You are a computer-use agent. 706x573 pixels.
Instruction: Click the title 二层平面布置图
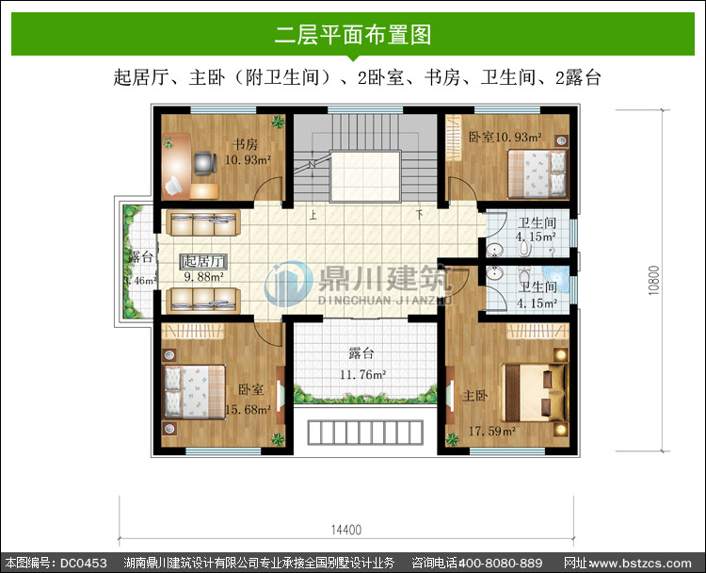click(x=353, y=35)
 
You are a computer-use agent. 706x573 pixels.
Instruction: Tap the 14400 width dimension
click(x=346, y=530)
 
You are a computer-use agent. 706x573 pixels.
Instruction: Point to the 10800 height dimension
click(x=654, y=281)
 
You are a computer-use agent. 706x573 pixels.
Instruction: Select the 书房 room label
click(x=246, y=144)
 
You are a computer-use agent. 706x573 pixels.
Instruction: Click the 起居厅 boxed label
click(x=203, y=261)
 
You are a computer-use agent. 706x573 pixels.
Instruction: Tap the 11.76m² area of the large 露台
click(x=363, y=374)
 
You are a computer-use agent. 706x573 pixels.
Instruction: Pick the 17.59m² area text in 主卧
click(x=492, y=431)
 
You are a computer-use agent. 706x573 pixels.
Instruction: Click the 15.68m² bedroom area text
click(x=248, y=409)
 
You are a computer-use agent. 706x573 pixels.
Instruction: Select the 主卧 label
click(x=475, y=396)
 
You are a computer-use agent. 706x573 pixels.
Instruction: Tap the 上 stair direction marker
click(x=313, y=215)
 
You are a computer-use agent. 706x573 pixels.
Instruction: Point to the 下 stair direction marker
click(x=420, y=215)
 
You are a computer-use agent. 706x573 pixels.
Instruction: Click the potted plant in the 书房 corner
click(x=278, y=122)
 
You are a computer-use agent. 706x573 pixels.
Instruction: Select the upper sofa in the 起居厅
click(x=203, y=222)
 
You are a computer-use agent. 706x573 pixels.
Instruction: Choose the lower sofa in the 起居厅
click(x=203, y=301)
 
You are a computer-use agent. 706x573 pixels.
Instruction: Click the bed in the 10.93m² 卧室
click(x=538, y=174)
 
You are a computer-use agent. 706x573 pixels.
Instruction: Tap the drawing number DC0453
click(x=83, y=563)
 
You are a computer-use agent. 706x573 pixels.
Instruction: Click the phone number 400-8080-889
click(x=500, y=563)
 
